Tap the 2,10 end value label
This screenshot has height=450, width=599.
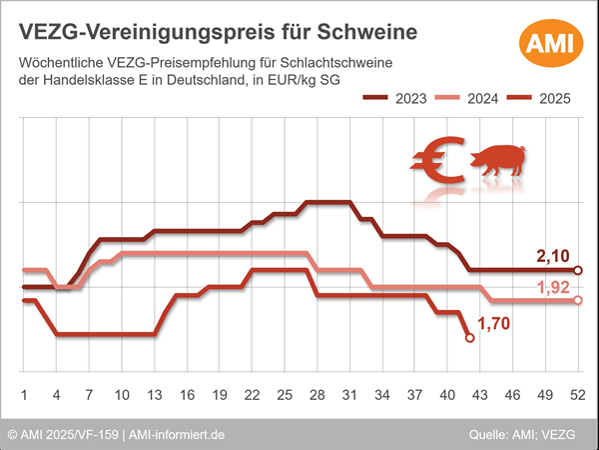[553, 258]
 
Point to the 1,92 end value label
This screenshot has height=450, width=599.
[555, 289]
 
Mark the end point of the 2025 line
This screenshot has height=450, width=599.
[470, 339]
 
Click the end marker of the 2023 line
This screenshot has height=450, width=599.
[578, 270]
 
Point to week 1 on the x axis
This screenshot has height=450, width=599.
[23, 394]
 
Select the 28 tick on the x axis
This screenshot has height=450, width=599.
[315, 394]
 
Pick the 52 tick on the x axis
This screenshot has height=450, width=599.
[577, 394]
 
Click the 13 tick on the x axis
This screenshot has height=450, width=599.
[154, 394]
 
